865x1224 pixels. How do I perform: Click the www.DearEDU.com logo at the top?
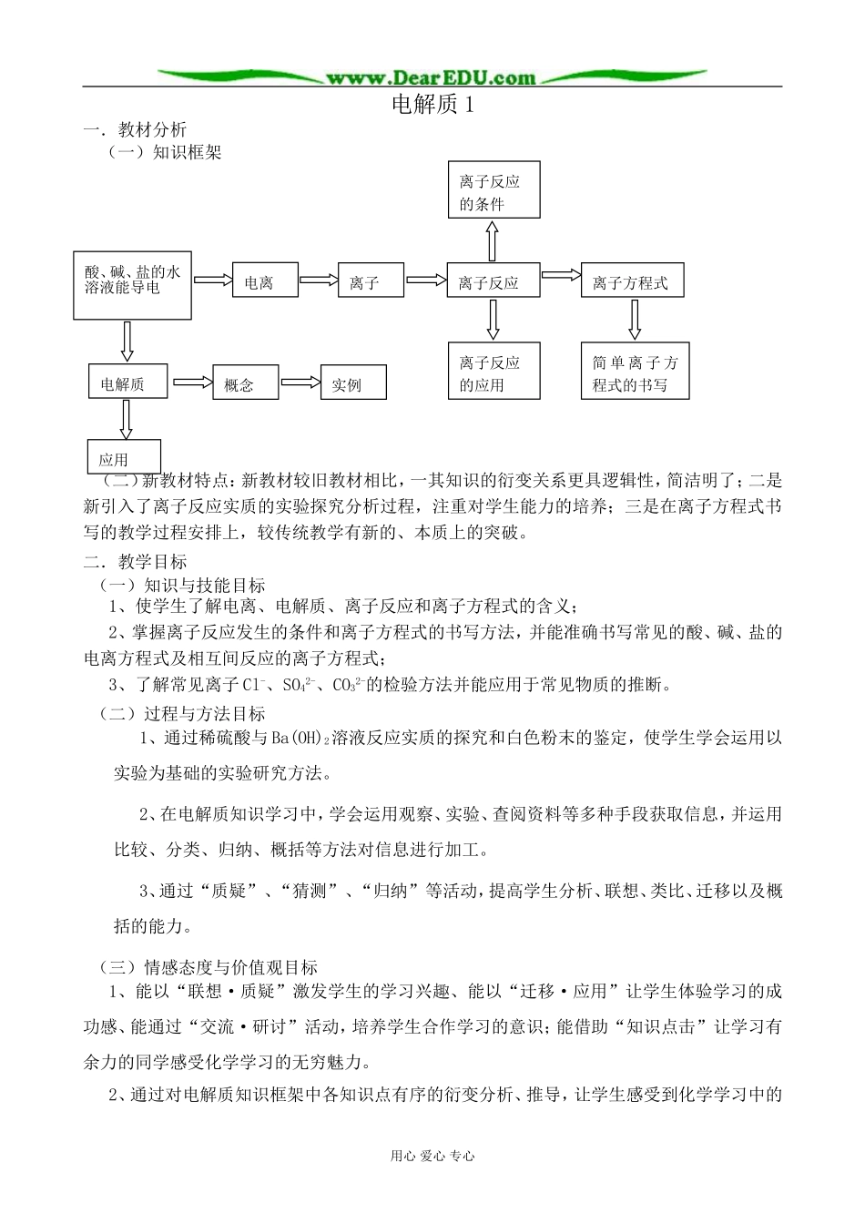[x=431, y=77]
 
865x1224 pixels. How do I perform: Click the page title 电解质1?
[x=432, y=105]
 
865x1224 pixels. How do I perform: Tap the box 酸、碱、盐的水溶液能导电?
[x=132, y=285]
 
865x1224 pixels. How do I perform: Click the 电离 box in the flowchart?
[x=266, y=282]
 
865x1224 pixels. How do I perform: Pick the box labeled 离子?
[x=370, y=282]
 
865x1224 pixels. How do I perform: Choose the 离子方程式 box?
[x=632, y=281]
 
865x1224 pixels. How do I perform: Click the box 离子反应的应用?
[x=494, y=371]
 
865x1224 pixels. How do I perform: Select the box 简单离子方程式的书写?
[x=635, y=371]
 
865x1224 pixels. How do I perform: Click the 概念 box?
[x=246, y=383]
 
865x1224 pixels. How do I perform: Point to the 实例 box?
[x=352, y=383]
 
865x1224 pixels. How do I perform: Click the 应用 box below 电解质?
[x=124, y=457]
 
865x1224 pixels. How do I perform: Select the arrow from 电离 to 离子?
[x=319, y=280]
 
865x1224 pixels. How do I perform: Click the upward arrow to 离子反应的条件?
[x=493, y=242]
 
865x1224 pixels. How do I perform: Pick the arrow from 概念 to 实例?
[x=300, y=382]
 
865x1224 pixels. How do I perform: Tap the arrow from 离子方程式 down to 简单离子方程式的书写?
[x=635, y=320]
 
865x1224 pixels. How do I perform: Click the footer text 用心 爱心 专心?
[x=432, y=1156]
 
